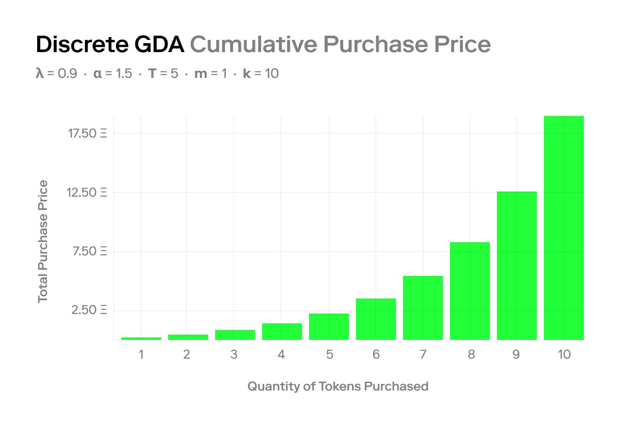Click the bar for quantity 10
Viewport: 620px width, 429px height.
(564, 228)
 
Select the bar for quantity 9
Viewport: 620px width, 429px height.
(517, 266)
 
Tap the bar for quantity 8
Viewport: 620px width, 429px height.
(470, 291)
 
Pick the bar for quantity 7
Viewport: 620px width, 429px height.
(423, 308)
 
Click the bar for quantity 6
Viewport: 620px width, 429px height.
(376, 319)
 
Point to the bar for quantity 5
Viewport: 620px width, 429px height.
(329, 327)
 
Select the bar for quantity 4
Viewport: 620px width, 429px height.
(282, 331)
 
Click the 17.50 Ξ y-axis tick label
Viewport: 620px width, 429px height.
(87, 133)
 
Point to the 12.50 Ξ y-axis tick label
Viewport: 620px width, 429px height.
(87, 192)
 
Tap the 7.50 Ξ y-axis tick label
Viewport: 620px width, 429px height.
(89, 251)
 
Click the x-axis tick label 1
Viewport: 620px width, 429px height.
(141, 354)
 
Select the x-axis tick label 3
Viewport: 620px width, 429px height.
(234, 354)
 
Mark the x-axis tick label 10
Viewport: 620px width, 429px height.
(564, 354)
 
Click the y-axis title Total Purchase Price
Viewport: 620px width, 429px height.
(43, 241)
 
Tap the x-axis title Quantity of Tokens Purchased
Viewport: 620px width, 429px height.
(338, 386)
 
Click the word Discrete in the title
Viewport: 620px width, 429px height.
(82, 45)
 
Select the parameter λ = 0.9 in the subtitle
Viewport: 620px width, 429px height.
(56, 74)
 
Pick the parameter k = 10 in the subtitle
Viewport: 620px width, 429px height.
(261, 74)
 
